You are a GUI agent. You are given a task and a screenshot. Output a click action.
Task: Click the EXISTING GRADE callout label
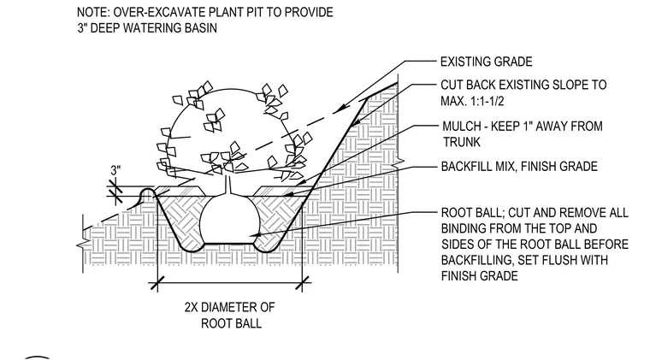click(487, 62)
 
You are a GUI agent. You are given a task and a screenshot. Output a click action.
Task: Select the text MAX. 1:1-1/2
click(472, 101)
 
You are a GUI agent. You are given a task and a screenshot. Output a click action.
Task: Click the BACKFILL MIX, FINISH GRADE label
click(519, 167)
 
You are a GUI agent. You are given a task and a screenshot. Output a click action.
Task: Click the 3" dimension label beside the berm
click(115, 170)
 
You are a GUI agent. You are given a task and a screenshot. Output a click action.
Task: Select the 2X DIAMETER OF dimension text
click(230, 307)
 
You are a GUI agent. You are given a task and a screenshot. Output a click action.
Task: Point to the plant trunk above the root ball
click(227, 185)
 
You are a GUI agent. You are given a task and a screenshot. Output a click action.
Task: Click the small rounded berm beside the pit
click(147, 193)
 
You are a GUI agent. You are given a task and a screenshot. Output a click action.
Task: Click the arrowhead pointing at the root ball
click(257, 235)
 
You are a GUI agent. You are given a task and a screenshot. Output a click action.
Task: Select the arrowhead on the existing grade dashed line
click(339, 109)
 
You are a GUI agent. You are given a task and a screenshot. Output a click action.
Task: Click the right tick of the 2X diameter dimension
click(303, 284)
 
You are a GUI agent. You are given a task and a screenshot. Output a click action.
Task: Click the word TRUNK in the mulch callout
click(461, 142)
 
